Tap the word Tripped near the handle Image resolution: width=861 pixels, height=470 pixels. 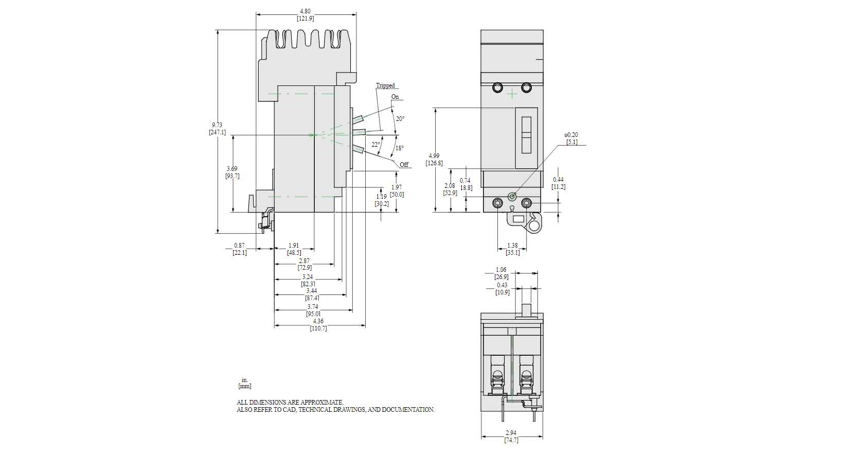point(385,85)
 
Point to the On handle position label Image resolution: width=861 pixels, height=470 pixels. point(395,97)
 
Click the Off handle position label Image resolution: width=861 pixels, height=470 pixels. point(404,165)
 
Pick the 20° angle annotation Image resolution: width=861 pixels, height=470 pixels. point(400,119)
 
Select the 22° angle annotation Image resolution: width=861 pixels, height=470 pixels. point(375,145)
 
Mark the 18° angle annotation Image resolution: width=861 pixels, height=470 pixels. point(400,148)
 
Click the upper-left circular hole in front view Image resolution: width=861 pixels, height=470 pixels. point(497,88)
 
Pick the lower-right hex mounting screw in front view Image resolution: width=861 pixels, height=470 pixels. point(526,203)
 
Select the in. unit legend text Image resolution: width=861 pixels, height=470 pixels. point(245,380)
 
